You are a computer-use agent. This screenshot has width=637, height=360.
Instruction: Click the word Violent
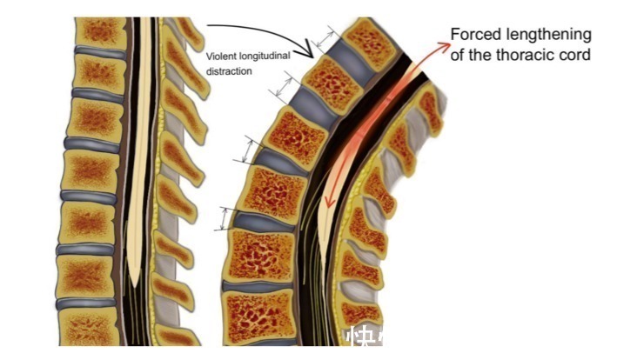[218, 58]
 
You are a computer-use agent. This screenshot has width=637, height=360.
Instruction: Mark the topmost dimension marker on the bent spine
[328, 39]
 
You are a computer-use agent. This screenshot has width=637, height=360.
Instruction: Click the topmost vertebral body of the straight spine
[103, 33]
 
